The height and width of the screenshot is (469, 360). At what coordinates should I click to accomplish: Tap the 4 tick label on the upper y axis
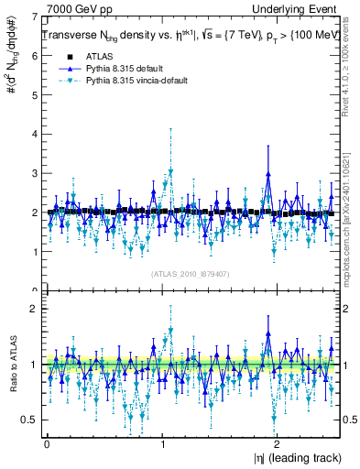pyautogui.click(x=35, y=134)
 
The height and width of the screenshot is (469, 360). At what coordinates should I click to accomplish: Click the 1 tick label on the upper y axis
pyautogui.click(x=35, y=252)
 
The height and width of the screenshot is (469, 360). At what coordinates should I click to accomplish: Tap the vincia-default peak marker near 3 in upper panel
pyautogui.click(x=169, y=171)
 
